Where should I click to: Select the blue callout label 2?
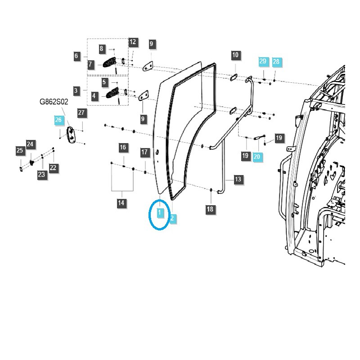[x=172, y=219]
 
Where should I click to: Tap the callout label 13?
[x=238, y=180]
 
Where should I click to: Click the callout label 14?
[x=121, y=203]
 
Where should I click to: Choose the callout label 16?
[x=123, y=148]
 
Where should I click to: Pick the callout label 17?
[x=144, y=153]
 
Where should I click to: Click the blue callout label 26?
[x=58, y=120]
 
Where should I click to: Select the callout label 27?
[x=81, y=112]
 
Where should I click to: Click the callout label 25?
[x=20, y=151]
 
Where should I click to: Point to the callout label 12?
[x=133, y=42]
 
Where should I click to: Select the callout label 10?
[x=236, y=55]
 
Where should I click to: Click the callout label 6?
[x=76, y=56]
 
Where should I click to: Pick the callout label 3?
[x=76, y=90]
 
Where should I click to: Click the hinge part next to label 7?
[x=110, y=63]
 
